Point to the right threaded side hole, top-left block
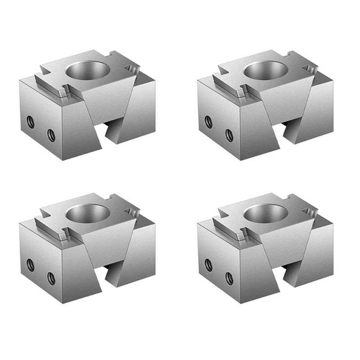tap(51, 135)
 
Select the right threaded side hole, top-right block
tap(229, 135)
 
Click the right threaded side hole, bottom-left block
tap(51, 278)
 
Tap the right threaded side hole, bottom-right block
tap(229, 278)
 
